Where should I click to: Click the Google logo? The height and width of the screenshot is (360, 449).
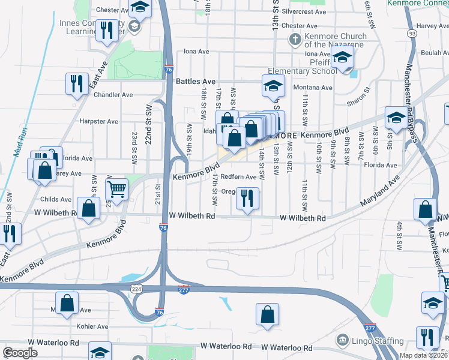(x=20, y=353)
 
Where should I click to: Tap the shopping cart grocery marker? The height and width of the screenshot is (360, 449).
(x=116, y=189)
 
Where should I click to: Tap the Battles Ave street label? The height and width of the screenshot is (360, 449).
(x=196, y=81)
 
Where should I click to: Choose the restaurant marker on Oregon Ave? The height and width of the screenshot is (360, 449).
(x=247, y=198)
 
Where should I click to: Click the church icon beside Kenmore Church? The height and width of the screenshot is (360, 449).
(x=295, y=40)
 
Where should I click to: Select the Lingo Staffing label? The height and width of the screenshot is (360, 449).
(x=377, y=341)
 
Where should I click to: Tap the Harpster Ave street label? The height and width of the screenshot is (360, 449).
(x=98, y=121)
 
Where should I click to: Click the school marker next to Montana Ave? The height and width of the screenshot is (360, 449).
(x=273, y=86)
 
